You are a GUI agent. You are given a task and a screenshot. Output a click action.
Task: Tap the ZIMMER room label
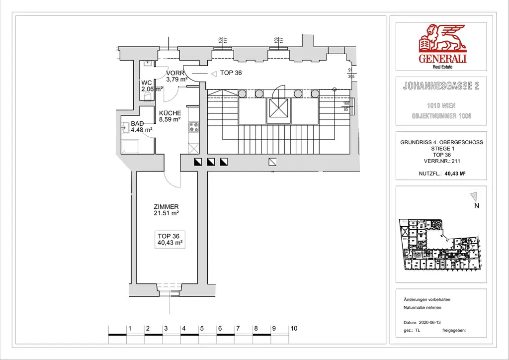(166, 207)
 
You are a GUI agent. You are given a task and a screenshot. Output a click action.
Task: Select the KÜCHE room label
(170, 113)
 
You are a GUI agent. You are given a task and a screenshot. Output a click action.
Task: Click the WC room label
(147, 83)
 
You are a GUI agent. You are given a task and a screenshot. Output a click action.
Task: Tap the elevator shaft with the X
(278, 110)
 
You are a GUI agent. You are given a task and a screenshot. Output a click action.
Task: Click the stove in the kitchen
(194, 127)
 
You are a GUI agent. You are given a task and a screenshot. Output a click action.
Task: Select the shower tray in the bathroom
(131, 147)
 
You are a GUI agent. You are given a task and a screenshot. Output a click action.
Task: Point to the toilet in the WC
(148, 98)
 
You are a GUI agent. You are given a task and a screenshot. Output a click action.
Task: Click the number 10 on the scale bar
(294, 329)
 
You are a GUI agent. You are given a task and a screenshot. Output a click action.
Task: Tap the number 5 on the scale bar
(202, 329)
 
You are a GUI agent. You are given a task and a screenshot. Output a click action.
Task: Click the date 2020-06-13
(429, 322)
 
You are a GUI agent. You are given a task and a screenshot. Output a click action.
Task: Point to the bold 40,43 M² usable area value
(454, 174)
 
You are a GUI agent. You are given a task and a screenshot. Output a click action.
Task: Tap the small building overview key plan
(440, 244)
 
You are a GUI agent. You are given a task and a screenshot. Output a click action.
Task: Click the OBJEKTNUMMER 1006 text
(441, 116)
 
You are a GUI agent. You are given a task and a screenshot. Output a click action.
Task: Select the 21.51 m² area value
(166, 213)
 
